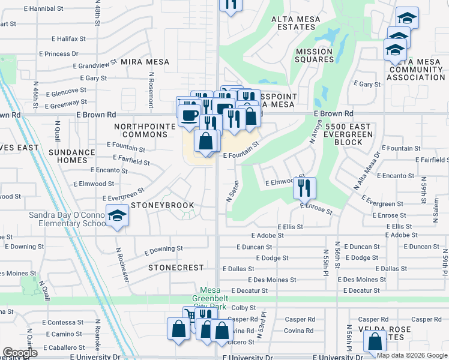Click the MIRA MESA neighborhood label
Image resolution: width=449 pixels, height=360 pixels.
(145, 62)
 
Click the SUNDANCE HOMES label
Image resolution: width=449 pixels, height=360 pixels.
(72, 157)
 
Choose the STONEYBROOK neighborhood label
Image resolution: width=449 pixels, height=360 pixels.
(162, 205)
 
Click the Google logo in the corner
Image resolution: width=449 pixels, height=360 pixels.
(20, 353)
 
